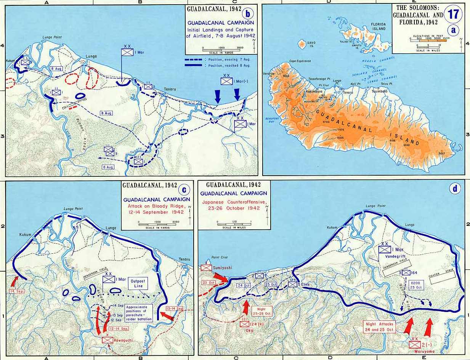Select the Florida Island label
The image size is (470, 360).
point(379,26)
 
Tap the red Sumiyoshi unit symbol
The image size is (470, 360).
point(206,268)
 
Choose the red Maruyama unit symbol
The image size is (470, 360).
point(414,344)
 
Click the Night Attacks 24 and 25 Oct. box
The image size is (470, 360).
point(381,326)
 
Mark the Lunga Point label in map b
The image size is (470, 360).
point(52,37)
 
